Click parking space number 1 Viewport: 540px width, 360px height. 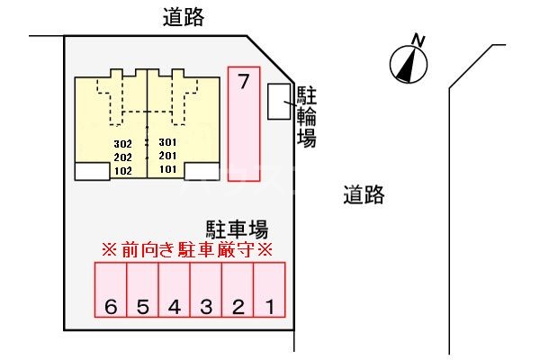268,290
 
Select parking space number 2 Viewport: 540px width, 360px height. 238,290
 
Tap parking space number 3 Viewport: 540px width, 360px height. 206,290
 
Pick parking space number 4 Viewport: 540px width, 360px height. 175,290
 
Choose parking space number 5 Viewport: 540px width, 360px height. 143,290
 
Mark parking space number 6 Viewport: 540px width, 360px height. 112,290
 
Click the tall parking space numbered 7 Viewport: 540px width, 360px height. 243,124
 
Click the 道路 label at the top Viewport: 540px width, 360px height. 183,16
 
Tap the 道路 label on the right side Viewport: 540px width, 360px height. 364,193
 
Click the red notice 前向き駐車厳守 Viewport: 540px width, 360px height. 185,249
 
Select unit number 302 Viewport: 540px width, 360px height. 123,143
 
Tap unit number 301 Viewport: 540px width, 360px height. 167,142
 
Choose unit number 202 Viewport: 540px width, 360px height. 123,156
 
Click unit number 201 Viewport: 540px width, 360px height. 167,155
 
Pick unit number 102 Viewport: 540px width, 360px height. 123,169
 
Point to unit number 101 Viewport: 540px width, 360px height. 167,168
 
